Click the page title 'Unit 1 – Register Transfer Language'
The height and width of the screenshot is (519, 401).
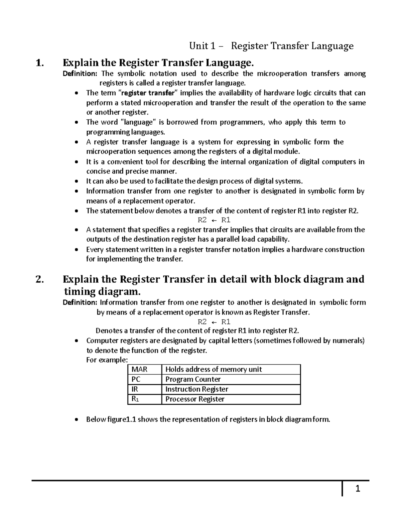[x=271, y=46]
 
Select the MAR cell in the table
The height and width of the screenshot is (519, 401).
[x=140, y=369]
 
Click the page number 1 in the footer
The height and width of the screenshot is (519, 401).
[x=358, y=489]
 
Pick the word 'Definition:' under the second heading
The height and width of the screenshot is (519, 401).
[x=80, y=302]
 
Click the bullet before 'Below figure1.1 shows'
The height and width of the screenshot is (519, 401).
[x=77, y=420]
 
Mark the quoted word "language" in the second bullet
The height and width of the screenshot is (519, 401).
[x=136, y=122]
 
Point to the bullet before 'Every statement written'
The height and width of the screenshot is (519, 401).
[x=77, y=250]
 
